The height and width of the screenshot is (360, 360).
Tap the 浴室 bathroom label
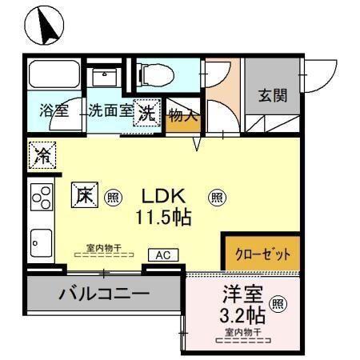pyautogui.click(x=54, y=111)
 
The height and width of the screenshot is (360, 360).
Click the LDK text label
pyautogui.click(x=165, y=194)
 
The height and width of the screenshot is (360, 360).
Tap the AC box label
pyautogui.click(x=162, y=255)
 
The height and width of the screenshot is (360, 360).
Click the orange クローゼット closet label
pyautogui.click(x=262, y=254)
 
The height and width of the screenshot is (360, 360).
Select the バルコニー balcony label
pyautogui.click(x=104, y=294)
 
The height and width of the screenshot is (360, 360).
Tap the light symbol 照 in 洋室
pyautogui.click(x=277, y=303)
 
